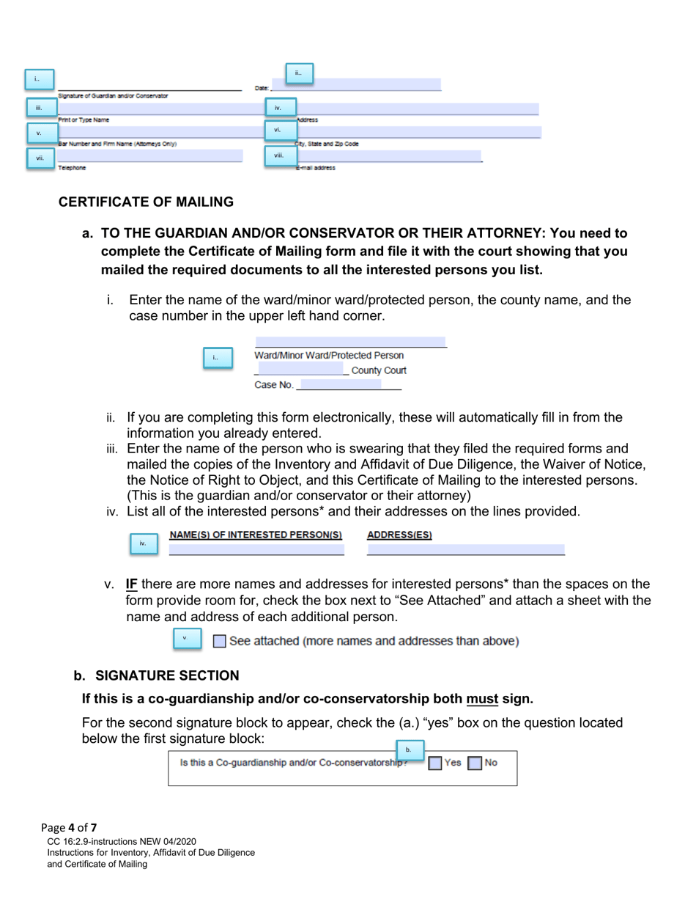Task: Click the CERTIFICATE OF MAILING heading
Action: [146, 202]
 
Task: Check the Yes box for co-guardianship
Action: [435, 763]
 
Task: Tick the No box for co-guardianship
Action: [475, 763]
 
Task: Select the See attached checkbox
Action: [220, 642]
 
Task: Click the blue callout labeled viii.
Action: [279, 155]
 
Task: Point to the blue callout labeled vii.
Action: [40, 158]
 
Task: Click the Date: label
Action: [262, 88]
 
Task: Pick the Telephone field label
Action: [72, 168]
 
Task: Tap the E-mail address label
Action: [316, 168]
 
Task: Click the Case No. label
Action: [273, 385]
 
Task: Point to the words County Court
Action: [378, 370]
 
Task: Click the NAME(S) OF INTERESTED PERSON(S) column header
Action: [256, 535]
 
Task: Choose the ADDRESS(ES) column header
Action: [399, 535]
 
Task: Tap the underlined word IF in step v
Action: [132, 584]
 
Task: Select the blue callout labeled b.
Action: [409, 749]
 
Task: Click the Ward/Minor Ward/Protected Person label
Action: [329, 356]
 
